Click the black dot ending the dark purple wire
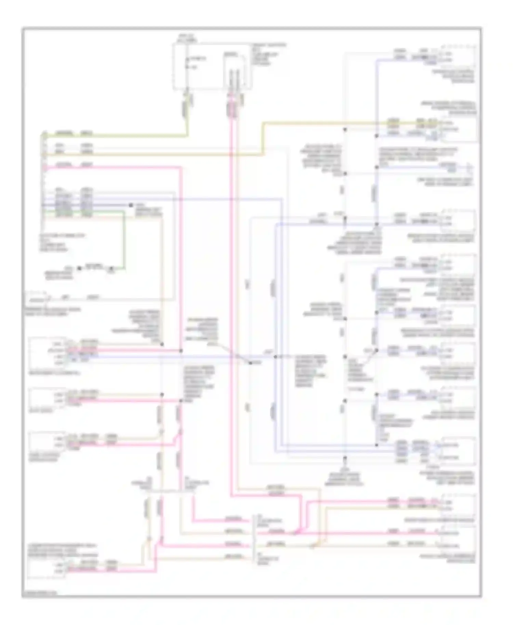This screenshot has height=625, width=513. tap(131, 205)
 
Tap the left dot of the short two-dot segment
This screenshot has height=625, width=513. tap(79, 268)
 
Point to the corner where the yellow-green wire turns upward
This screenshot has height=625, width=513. tap(187, 136)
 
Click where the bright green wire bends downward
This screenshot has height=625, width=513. tap(124, 212)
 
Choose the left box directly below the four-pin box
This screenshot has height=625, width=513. tap(47, 398)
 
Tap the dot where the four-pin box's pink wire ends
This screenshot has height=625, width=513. tap(181, 351)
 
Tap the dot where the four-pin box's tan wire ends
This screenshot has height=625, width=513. tap(162, 344)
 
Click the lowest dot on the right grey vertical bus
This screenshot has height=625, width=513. tap(345, 457)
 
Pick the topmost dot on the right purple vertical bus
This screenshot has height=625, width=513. tap(376, 136)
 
